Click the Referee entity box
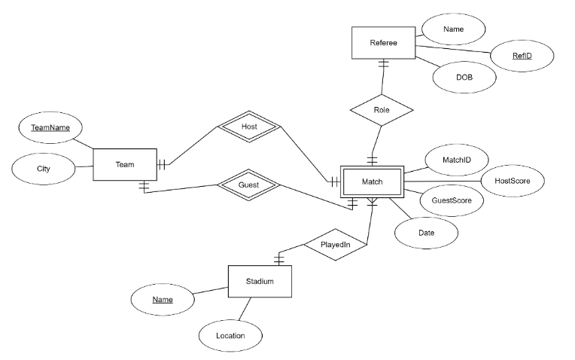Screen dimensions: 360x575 pyautogui.click(x=383, y=43)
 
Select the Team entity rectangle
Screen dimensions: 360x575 pyautogui.click(x=125, y=164)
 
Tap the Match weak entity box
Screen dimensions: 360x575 pyautogui.click(x=373, y=182)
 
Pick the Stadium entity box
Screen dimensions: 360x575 pyautogui.click(x=260, y=282)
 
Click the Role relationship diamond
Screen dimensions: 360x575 pyautogui.click(x=382, y=109)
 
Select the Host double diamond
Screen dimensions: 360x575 pyautogui.click(x=249, y=127)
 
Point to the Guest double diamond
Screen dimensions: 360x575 pyautogui.click(x=248, y=185)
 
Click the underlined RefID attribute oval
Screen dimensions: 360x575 pyautogui.click(x=522, y=54)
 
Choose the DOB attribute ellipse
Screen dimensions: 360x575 pyautogui.click(x=464, y=77)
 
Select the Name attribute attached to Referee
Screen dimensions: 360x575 pyautogui.click(x=453, y=29)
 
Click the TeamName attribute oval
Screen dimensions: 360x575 pyautogui.click(x=50, y=128)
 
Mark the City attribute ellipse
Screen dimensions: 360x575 pyautogui.click(x=44, y=169)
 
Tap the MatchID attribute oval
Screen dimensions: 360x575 pyautogui.click(x=458, y=160)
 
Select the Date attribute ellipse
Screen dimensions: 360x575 pyautogui.click(x=426, y=233)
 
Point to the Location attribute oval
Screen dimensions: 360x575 pyautogui.click(x=230, y=335)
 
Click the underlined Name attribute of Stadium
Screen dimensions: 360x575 pyautogui.click(x=163, y=300)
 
